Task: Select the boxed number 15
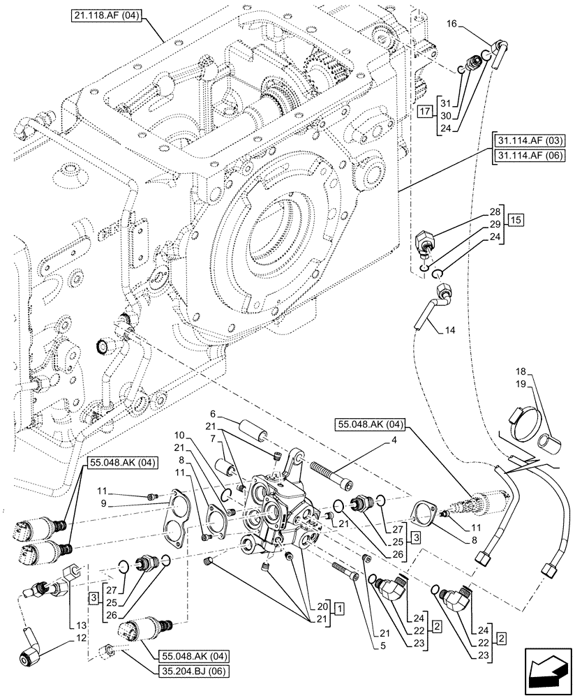(x=516, y=221)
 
